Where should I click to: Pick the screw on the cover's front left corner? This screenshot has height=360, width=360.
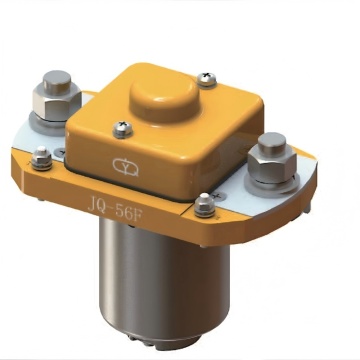tap(122, 127)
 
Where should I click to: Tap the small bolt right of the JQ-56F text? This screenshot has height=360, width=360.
tap(204, 206)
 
